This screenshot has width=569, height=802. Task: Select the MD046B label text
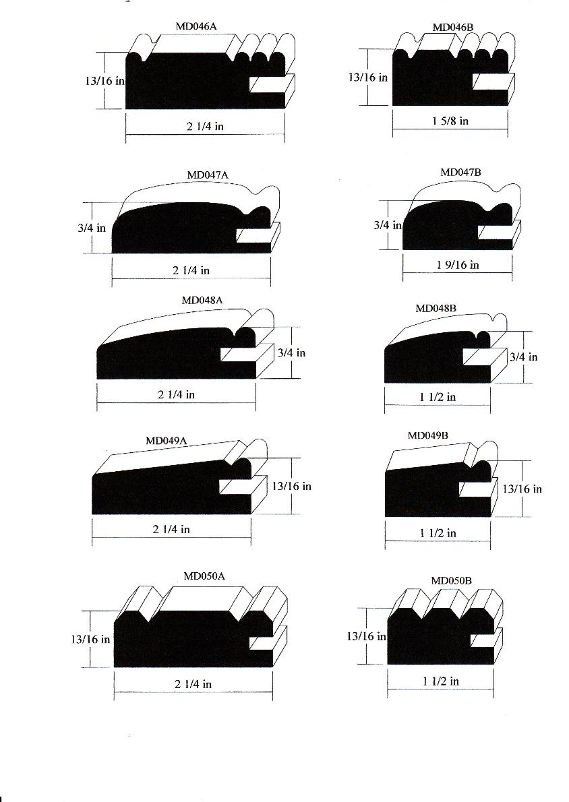click(x=453, y=27)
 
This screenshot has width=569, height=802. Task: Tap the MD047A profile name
click(x=208, y=175)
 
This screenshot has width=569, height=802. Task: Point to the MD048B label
click(x=436, y=309)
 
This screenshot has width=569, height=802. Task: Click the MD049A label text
click(x=166, y=440)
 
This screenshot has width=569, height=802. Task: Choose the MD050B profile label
click(x=451, y=580)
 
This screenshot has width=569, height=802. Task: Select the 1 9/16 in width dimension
click(x=458, y=265)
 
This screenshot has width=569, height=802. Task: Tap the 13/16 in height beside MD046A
click(x=105, y=81)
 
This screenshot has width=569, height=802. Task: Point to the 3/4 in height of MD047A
click(x=92, y=228)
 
